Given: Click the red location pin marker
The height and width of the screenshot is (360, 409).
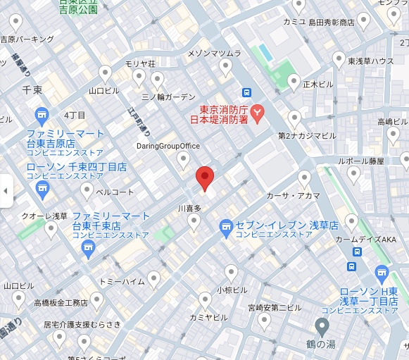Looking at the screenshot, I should click(x=204, y=178).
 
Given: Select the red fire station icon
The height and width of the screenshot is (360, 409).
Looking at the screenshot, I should click(x=258, y=111).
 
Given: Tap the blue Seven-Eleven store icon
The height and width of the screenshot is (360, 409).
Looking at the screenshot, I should click(x=226, y=227).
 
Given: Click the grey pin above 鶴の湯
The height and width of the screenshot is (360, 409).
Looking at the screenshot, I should click(x=322, y=326).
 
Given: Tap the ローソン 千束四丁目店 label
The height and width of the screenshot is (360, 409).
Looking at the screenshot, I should click(x=77, y=173).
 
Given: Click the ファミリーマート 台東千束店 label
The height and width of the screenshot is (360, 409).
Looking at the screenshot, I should click(x=111, y=221).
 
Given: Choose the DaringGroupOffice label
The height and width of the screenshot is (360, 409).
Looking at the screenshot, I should click(x=168, y=147).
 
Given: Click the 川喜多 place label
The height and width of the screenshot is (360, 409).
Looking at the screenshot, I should click(x=189, y=209).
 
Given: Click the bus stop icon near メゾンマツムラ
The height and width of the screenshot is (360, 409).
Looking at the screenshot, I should click(x=246, y=92).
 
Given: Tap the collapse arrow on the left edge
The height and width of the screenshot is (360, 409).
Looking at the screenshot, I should click(x=6, y=190).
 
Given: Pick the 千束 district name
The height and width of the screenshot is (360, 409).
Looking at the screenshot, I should click(x=32, y=90).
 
